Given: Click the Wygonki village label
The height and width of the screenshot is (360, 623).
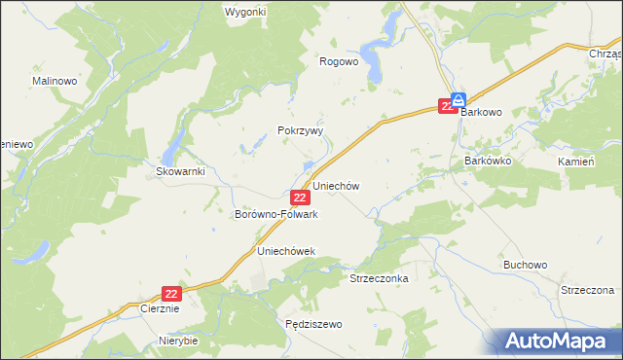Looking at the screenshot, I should [245, 12].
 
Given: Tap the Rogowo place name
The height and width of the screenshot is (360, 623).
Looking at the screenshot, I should [340, 60].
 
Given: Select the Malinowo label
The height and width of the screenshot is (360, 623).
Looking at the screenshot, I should [55, 81].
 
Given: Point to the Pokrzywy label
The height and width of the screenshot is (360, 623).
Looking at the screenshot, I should [300, 129].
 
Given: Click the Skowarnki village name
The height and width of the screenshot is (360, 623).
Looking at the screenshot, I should [180, 171].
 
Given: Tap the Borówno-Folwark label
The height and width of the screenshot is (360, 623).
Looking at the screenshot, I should [276, 214].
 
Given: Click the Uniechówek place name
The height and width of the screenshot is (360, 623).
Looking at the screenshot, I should [286, 251].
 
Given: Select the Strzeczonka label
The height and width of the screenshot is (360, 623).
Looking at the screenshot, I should [379, 277].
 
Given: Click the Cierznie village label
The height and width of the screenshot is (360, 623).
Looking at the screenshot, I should [157, 308].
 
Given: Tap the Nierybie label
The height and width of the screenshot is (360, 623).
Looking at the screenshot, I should [178, 342].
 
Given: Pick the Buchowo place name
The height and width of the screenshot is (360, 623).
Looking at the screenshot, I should [526, 264].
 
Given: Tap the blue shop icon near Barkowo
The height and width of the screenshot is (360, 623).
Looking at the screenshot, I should [458, 98].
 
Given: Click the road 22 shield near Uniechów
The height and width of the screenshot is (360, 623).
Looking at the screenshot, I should [301, 198].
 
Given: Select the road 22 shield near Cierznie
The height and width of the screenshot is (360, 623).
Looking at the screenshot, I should [172, 292].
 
